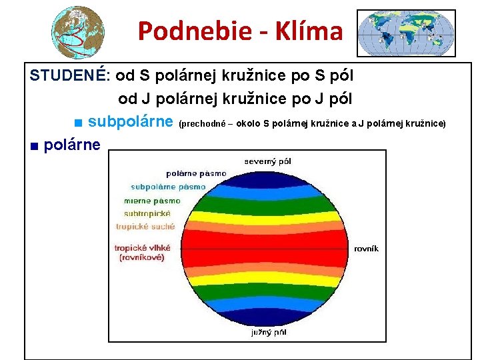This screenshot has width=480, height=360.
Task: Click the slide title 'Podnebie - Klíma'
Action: pyautogui.click(x=240, y=31)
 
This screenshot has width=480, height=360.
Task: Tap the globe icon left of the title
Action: pyautogui.click(x=79, y=32)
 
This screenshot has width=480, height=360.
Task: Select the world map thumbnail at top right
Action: pyautogui.click(x=406, y=33)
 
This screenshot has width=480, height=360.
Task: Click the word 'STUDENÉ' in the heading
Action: pyautogui.click(x=66, y=75)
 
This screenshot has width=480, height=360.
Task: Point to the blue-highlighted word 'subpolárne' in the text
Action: pyautogui.click(x=131, y=122)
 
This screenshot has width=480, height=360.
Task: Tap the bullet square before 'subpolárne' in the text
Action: pyautogui.click(x=78, y=123)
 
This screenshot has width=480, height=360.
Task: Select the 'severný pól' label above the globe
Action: pyautogui.click(x=267, y=161)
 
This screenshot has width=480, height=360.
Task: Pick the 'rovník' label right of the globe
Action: pyautogui.click(x=366, y=248)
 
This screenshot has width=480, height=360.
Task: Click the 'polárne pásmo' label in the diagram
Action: pyautogui.click(x=196, y=174)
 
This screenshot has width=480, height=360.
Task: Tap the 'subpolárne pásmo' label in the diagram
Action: pyautogui.click(x=168, y=187)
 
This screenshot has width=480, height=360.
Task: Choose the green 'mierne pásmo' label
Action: pyautogui.click(x=152, y=200)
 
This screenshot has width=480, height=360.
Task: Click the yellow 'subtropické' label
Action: pyautogui.click(x=147, y=213)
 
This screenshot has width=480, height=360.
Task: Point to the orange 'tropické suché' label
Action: pyautogui.click(x=145, y=227)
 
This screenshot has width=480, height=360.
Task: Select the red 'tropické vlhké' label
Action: pyautogui.click(x=143, y=247)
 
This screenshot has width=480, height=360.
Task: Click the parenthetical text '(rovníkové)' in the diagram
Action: pyautogui.click(x=143, y=257)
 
